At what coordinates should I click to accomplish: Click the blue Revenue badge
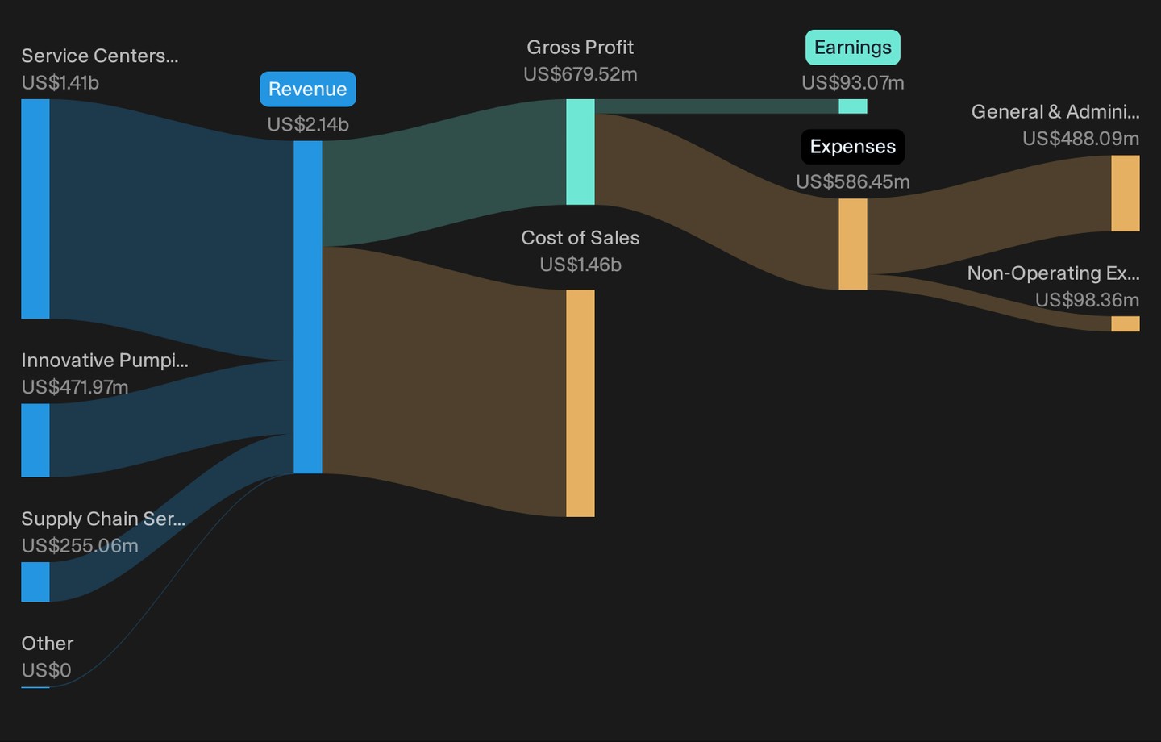point(308,90)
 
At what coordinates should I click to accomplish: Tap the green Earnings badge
point(853,48)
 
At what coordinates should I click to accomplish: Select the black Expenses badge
point(853,147)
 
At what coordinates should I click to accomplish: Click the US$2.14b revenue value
point(308,124)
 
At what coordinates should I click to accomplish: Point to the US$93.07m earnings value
point(853,82)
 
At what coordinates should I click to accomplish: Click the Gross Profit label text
point(580,48)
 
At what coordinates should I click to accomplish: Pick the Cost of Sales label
point(580,237)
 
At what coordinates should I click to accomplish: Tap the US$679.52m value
point(580,74)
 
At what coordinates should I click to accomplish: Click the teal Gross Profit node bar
point(580,152)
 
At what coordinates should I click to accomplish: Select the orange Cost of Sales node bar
point(580,403)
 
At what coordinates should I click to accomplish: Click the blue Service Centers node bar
point(35,208)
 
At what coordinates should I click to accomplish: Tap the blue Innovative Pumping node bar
point(35,440)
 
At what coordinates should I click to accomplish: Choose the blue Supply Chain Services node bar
point(35,582)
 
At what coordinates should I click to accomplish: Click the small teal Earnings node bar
point(853,106)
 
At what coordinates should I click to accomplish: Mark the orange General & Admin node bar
point(1126,193)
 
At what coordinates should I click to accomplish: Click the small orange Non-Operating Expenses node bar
point(1126,323)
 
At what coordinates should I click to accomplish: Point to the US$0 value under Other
point(46,670)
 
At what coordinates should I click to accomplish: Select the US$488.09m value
point(1080,139)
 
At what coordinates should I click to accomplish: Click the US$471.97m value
point(75,387)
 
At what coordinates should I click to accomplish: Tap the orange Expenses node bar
point(853,244)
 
